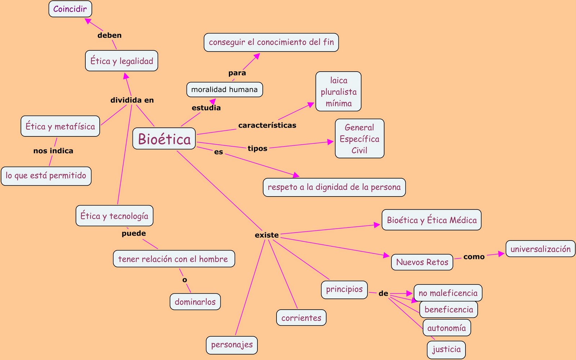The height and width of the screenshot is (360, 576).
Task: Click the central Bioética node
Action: coord(164,139)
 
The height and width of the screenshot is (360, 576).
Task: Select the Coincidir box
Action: coord(70,9)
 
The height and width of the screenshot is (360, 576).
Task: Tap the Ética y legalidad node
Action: coord(122,61)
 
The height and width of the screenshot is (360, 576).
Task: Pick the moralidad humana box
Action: coord(224,90)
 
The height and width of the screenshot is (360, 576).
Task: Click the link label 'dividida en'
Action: coord(132,100)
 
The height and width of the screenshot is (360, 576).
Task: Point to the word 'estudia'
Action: coord(206,108)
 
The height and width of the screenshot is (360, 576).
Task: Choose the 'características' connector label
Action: coord(267,125)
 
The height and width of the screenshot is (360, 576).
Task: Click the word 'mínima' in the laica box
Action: coord(338,104)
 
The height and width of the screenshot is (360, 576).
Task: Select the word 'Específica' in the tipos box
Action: coord(359,139)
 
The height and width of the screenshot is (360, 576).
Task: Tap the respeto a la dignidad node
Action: coord(334,187)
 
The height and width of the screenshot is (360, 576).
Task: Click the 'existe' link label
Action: coord(266,235)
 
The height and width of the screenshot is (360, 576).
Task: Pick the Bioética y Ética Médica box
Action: coord(431,220)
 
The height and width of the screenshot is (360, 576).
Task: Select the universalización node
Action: coord(540,249)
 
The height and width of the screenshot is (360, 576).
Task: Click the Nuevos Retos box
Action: coord(422,262)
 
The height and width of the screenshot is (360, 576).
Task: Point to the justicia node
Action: coord(446,349)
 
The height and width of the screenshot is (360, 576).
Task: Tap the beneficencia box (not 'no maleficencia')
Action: coord(449,310)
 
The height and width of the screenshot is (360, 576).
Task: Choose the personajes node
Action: coord(232,345)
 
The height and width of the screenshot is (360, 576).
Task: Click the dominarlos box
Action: coord(195,302)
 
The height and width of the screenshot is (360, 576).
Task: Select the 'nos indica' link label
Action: coord(53,151)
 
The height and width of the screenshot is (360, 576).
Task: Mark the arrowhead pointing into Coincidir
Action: coord(87,21)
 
